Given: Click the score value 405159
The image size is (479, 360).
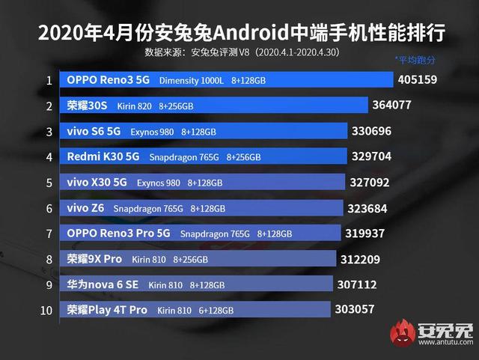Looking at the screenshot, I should tap(422, 79).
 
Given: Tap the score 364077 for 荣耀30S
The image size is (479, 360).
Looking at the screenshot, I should tap(396, 105).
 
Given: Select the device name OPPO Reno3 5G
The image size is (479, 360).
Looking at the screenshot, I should tap(108, 80).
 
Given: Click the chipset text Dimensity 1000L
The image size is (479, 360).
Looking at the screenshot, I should tap(192, 81).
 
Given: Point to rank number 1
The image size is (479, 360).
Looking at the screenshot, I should tap(49, 80).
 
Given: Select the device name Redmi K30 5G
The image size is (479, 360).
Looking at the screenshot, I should tap(103, 157).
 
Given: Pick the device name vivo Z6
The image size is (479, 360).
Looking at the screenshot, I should tap(85, 208).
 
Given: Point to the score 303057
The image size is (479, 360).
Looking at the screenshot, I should tap(356, 309).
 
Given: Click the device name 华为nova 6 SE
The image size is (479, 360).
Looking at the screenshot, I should tap(103, 284).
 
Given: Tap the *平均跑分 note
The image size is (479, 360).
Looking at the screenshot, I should tap(415, 60).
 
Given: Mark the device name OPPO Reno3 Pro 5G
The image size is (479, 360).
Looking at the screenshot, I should tap(118, 234).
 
